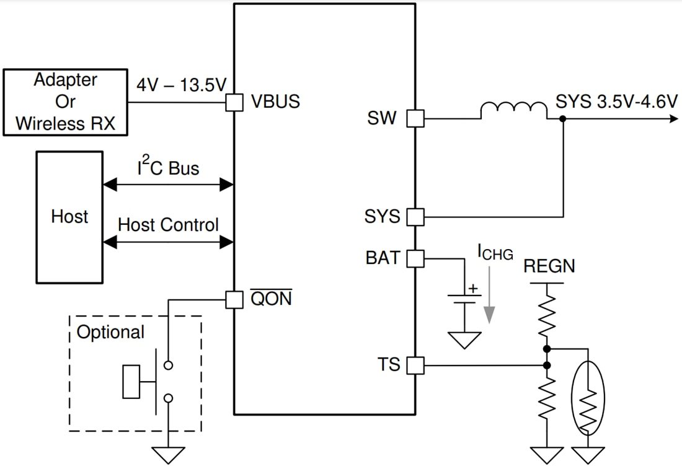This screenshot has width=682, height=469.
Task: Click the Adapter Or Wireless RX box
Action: point(65,102)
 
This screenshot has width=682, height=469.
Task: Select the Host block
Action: point(69,216)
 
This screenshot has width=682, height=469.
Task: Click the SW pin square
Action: point(415,118)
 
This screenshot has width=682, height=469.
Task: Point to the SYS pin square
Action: point(415,217)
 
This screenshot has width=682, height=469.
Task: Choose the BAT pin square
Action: point(415,258)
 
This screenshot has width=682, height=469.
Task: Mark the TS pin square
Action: point(415,366)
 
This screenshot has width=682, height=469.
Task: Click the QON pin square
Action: point(234,300)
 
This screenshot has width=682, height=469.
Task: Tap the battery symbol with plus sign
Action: point(464,297)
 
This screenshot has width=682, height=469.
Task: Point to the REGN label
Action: point(549,266)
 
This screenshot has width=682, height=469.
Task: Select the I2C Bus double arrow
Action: point(168,184)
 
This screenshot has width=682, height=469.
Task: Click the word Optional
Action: point(110,332)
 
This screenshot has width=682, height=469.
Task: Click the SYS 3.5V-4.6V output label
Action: point(616,102)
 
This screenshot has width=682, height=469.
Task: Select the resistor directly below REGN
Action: point(547,315)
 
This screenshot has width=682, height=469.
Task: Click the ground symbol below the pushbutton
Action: point(168,455)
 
